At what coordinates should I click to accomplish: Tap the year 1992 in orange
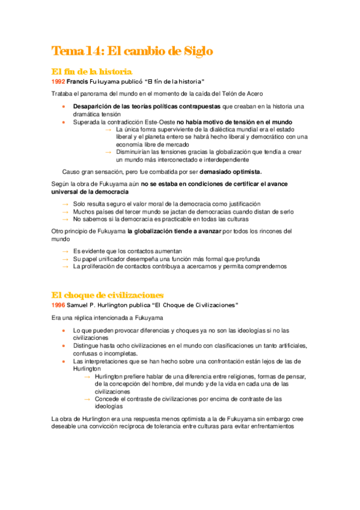click(58, 81)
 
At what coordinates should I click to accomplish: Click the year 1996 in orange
click(58, 306)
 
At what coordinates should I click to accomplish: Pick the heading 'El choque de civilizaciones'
click(108, 295)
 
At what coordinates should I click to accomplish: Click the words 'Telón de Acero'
click(241, 94)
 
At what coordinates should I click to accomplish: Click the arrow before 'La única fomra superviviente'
click(108, 130)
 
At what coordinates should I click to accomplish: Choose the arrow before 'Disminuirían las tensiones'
click(108, 153)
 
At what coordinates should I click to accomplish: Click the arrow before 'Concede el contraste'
click(87, 399)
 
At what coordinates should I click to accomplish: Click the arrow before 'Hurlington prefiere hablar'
click(87, 376)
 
